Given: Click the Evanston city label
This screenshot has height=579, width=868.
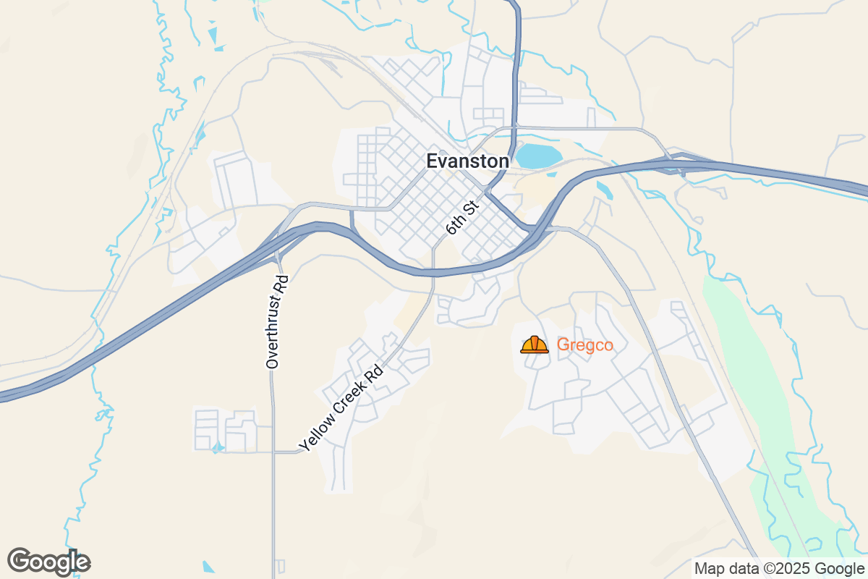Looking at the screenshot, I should tap(467, 161).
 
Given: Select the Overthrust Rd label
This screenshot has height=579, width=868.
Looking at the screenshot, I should tap(277, 322).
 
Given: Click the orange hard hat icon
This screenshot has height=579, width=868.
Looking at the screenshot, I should tap(535, 345).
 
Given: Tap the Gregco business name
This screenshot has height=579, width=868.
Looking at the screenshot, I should tap(584, 346).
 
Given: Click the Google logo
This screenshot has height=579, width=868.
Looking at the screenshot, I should tap(48, 562).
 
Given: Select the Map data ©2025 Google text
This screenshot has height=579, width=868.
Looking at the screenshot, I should tap(779, 568).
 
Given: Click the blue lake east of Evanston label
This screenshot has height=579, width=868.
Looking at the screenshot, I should tap(539, 156).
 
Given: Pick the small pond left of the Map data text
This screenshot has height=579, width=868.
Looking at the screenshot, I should tap(208, 567).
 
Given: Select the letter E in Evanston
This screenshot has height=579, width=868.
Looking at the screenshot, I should tap(432, 161).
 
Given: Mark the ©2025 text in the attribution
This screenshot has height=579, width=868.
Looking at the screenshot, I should tap(786, 568).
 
